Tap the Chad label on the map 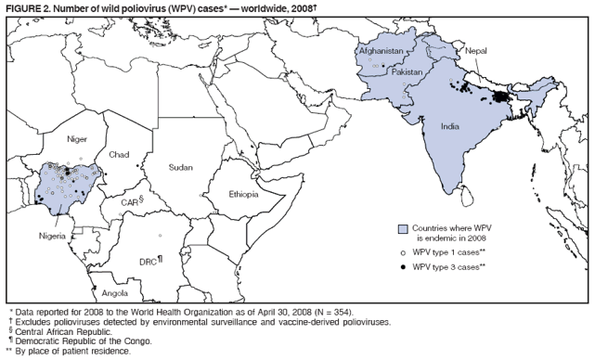pos(119,154)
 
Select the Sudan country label pos(180,168)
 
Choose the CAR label pos(131,201)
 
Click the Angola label pos(115,292)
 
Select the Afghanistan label pos(381,51)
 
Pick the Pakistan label pos(407,71)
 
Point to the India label pos(450,126)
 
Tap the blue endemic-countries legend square pos(403,228)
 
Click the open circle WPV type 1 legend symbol pos(403,251)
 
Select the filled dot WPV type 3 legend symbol pos(403,266)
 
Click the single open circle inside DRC pos(160,236)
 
